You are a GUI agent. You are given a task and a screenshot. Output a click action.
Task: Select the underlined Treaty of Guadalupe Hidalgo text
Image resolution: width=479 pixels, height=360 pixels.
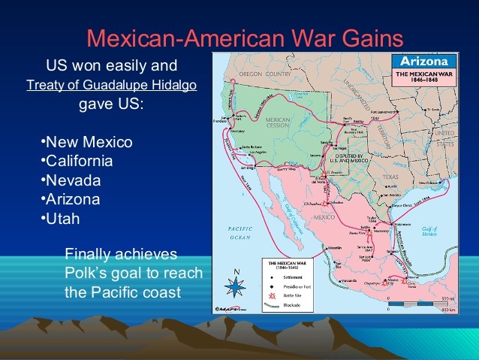tap(111, 85)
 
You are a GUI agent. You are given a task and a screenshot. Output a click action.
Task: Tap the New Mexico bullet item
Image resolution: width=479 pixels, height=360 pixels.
tap(86, 142)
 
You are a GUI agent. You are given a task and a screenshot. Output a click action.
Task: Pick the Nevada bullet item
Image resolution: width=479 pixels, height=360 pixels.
tap(72, 180)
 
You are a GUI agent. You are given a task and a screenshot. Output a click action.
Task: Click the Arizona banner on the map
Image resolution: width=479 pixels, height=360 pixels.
tap(423, 61)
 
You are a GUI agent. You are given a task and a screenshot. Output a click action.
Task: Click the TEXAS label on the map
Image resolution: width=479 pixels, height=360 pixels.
tap(389, 177)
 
